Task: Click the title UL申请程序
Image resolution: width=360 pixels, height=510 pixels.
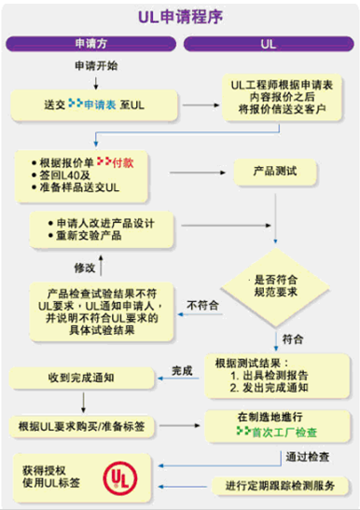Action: (179, 16)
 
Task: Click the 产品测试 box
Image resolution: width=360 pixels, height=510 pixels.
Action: (275, 173)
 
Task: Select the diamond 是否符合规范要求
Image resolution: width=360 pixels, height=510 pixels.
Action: (275, 285)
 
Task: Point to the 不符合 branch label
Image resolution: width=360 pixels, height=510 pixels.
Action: (201, 304)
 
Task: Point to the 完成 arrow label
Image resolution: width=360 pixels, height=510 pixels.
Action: (183, 371)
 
